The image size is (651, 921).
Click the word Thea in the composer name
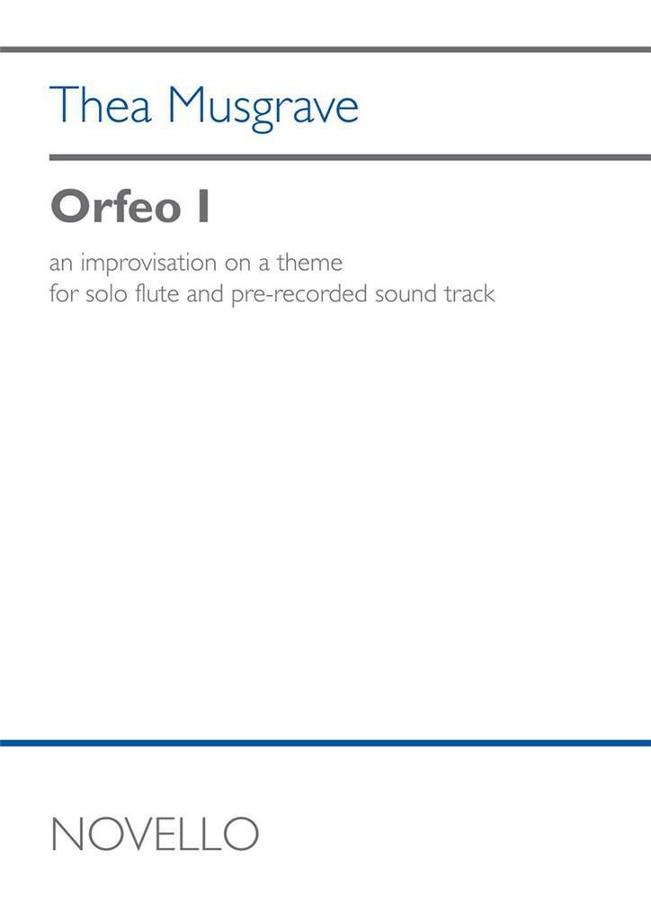[x=101, y=104]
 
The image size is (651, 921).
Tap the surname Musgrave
[x=263, y=108]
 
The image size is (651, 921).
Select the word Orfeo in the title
[x=116, y=206]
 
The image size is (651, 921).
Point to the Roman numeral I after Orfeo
[x=203, y=206]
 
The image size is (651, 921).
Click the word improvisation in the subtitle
[x=148, y=264]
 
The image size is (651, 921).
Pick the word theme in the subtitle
[x=309, y=263]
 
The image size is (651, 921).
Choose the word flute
[x=157, y=293]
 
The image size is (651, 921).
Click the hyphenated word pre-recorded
[x=299, y=295]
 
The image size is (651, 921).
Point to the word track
[x=469, y=293]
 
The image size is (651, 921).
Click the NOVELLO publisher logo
[x=155, y=834]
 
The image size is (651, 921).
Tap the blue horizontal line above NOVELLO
[x=325, y=743]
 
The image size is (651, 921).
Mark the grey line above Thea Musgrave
[x=325, y=49]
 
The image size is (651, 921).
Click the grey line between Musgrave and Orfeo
[x=350, y=157]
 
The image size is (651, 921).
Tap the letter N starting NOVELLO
[x=67, y=834]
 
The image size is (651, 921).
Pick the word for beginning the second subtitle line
[x=64, y=293]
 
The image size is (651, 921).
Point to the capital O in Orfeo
[x=71, y=206]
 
